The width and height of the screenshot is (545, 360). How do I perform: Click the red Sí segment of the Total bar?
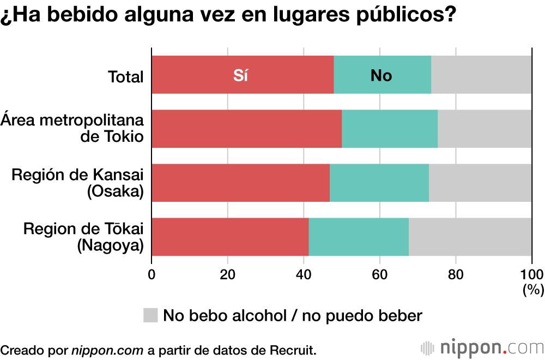click(x=242, y=75)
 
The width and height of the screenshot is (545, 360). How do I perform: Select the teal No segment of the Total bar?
click(x=382, y=75)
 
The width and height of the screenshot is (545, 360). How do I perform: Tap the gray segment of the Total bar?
click(x=481, y=75)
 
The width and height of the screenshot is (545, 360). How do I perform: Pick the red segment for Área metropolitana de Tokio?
click(x=246, y=129)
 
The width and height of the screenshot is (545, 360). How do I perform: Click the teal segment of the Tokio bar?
click(x=390, y=129)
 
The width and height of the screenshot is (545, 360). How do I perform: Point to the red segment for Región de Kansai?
click(x=240, y=183)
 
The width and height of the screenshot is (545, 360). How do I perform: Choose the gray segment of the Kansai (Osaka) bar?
click(x=480, y=183)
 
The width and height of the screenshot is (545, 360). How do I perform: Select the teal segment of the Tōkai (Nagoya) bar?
click(x=359, y=237)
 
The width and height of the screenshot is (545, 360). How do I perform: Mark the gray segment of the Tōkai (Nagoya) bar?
click(x=470, y=237)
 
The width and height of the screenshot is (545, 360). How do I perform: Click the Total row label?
click(x=126, y=77)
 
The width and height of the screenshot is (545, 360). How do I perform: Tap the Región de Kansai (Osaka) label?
click(x=77, y=183)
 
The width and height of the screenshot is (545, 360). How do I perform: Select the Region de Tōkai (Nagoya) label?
click(x=83, y=237)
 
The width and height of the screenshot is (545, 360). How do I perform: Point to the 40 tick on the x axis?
click(x=304, y=274)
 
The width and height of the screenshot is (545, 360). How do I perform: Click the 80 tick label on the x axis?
click(x=456, y=274)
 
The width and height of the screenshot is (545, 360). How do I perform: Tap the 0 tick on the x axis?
click(x=152, y=274)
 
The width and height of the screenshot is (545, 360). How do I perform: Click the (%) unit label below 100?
click(x=533, y=290)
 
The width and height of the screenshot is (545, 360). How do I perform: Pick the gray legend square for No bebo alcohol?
click(x=150, y=315)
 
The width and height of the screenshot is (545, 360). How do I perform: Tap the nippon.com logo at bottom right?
click(x=482, y=347)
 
